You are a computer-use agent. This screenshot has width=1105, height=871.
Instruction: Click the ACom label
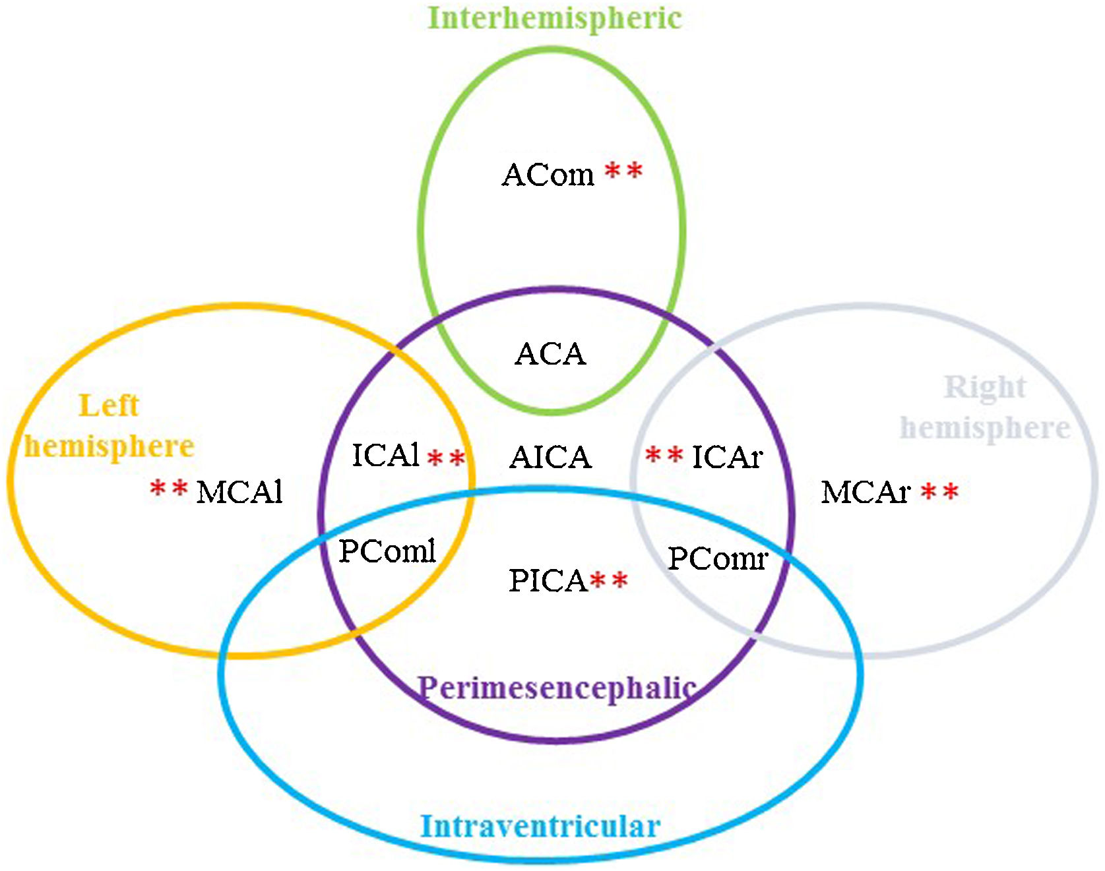[x=548, y=175]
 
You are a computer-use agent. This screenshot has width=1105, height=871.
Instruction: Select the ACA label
[x=550, y=354]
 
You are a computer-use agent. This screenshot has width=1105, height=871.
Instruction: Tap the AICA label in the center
[x=550, y=457]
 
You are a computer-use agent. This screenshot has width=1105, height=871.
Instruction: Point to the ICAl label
[x=386, y=455]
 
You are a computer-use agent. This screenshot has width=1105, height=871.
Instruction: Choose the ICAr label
[x=727, y=457]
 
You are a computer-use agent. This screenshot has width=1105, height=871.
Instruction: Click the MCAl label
[x=239, y=492]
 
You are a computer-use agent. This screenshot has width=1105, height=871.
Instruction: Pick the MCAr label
[x=866, y=492]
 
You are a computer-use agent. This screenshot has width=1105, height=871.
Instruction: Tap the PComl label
[x=387, y=551]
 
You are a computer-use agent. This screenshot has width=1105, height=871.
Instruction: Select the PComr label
[x=718, y=559]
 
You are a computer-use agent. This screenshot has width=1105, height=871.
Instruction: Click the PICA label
[x=548, y=581]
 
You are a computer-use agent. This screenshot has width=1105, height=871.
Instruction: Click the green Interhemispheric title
[x=554, y=18]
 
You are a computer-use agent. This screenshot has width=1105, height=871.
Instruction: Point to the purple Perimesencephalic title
[x=557, y=688]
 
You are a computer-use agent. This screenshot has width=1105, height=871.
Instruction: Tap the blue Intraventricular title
[x=540, y=826]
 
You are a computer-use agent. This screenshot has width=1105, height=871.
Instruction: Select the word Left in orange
[x=109, y=405]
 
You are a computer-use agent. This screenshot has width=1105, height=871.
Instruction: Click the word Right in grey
[x=985, y=388]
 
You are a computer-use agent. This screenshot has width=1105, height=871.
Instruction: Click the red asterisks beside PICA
[x=608, y=581]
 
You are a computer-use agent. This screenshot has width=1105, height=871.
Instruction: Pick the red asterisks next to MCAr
[x=939, y=492]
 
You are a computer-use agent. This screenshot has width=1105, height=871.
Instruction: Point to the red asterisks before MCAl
[x=169, y=489]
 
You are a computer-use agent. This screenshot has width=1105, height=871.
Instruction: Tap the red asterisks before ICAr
[x=664, y=456]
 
